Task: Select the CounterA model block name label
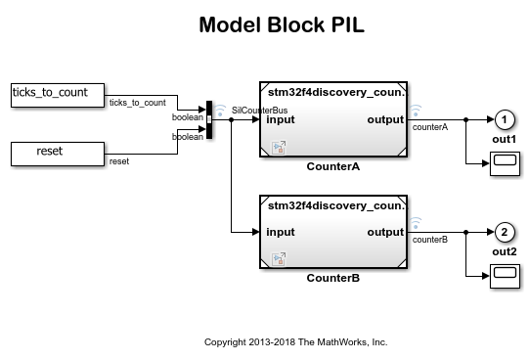pos(333,166)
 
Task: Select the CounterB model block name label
pos(333,278)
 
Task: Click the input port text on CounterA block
pos(281,120)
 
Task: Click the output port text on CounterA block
pos(385,120)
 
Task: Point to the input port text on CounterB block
pos(281,232)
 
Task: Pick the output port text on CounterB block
pos(385,232)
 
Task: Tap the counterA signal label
pos(429,127)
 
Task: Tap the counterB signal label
pos(429,240)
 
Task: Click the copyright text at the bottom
pos(295,342)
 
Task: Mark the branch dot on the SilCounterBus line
pos(231,120)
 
